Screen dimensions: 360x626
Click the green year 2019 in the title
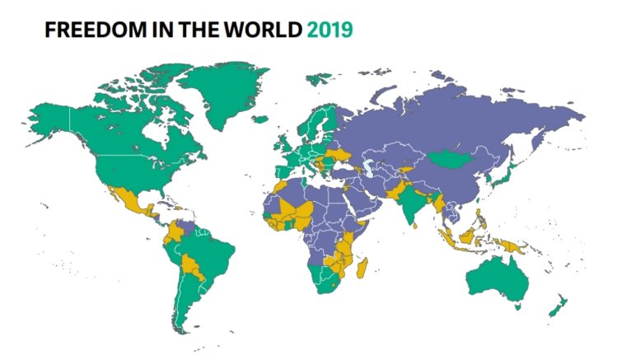pos(329,30)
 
